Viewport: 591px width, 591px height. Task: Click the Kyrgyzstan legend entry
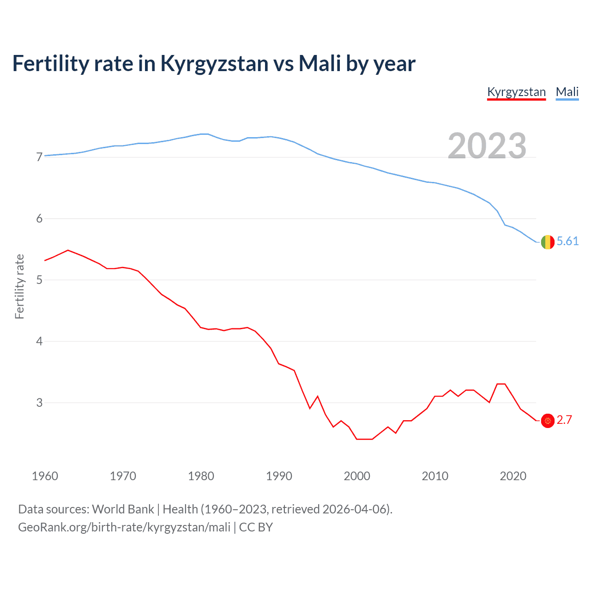click(516, 92)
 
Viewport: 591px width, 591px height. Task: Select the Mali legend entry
click(567, 92)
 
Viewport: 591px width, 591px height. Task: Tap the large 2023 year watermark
click(487, 146)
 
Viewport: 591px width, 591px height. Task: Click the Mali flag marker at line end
click(548, 241)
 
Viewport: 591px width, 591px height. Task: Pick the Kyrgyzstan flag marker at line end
click(548, 421)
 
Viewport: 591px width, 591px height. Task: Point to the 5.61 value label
click(567, 241)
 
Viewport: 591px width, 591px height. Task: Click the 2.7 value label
click(564, 420)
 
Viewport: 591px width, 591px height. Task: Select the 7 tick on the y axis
click(39, 157)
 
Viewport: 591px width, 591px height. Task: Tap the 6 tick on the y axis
click(39, 219)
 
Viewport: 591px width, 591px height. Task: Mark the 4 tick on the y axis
click(39, 342)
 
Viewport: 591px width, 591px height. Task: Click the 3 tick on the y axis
click(39, 403)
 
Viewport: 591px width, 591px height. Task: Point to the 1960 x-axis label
click(45, 476)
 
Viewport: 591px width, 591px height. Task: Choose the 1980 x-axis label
click(201, 476)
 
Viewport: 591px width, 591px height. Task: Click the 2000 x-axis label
click(357, 476)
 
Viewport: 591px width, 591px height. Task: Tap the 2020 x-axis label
click(513, 476)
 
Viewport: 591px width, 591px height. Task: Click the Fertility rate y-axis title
click(19, 286)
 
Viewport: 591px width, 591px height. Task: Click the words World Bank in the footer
click(123, 509)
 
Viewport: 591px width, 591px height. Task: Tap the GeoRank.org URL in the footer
click(124, 527)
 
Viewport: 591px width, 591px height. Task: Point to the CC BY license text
click(256, 527)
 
